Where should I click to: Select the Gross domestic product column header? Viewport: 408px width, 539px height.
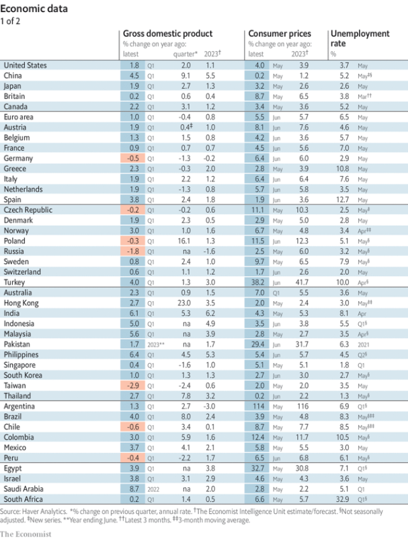click(167, 33)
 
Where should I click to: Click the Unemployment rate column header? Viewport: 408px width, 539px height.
click(360, 38)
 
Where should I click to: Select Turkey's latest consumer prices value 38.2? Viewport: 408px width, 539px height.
click(257, 282)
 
